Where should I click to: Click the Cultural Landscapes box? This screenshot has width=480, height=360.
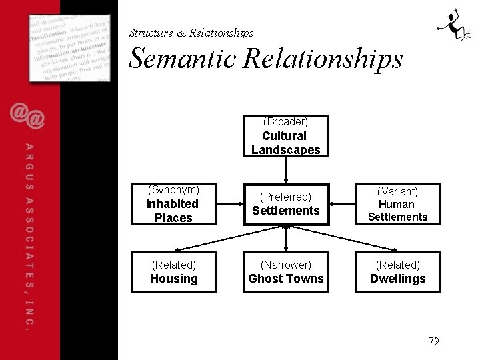285,137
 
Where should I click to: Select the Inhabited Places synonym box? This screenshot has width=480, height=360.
173,204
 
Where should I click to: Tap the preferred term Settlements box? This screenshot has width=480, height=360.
285,204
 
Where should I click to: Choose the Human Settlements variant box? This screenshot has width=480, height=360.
398,204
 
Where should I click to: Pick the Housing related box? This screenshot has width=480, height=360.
173,272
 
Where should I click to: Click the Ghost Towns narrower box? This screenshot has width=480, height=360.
285,272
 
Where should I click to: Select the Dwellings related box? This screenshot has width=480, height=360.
398,272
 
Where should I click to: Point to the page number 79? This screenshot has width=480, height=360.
433,341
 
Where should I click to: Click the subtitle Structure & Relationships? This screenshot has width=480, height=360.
191,33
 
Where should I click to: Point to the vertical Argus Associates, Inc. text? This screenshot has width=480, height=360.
29,237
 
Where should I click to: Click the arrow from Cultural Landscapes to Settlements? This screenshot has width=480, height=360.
285,170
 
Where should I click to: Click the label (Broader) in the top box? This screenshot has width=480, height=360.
285,122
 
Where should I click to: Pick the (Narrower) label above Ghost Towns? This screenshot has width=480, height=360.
285,265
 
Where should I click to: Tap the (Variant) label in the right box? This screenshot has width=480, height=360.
398,192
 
